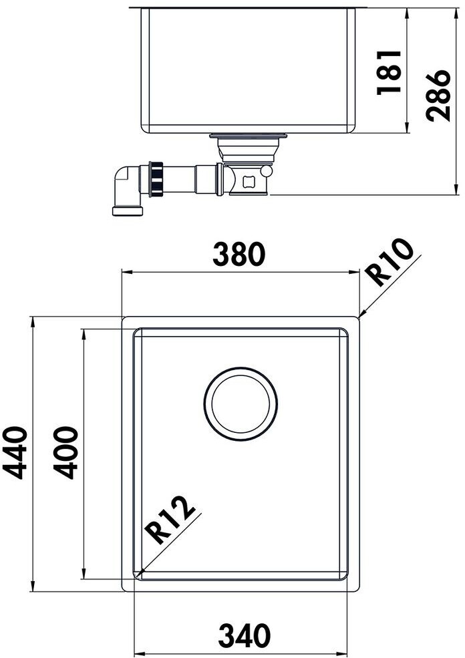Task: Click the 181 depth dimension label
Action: coord(389,72)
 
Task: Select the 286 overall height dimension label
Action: coord(438,96)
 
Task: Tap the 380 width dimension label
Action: coord(239,254)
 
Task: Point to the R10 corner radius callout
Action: coord(389,263)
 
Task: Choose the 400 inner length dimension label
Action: coord(66,452)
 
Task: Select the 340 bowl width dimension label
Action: coord(245,635)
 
